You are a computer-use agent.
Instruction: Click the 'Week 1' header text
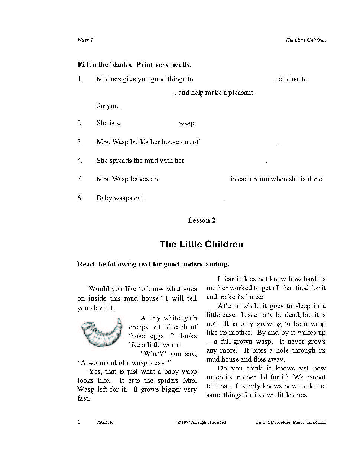click(85, 40)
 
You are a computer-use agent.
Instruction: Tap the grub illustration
click(101, 332)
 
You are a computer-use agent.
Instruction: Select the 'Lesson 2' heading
click(201, 220)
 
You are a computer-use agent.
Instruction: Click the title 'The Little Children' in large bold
click(201, 244)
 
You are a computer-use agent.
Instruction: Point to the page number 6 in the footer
click(79, 421)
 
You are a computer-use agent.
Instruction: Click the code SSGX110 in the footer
click(105, 422)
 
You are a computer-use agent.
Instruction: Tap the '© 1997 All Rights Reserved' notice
click(201, 422)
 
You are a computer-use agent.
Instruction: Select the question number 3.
click(80, 142)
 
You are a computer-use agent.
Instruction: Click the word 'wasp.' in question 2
click(187, 123)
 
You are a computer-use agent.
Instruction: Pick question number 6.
click(80, 198)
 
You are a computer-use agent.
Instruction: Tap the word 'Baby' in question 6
click(104, 198)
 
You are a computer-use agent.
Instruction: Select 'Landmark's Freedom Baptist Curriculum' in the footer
click(291, 422)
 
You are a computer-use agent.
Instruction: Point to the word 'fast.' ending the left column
click(84, 398)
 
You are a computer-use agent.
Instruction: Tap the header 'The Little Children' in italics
click(305, 40)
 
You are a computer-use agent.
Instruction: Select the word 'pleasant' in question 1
click(240, 93)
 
